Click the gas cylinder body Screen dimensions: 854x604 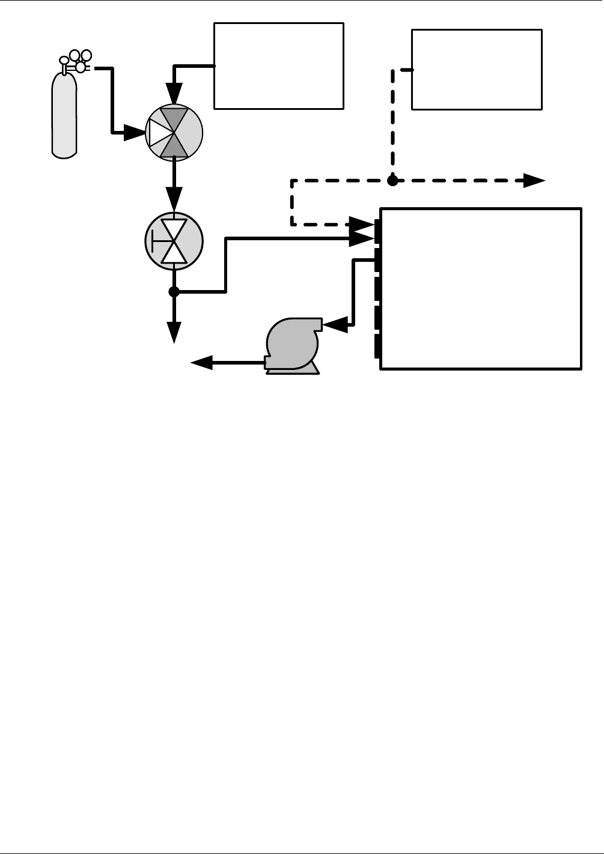(x=64, y=117)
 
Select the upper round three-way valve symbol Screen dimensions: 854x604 (x=174, y=133)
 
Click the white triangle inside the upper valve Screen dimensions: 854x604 (x=158, y=133)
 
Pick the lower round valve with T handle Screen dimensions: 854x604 (x=174, y=241)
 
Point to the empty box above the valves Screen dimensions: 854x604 (x=279, y=66)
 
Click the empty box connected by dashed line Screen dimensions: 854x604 (x=477, y=70)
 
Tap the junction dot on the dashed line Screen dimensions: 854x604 (x=392, y=180)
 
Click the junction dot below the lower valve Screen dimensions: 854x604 (x=174, y=292)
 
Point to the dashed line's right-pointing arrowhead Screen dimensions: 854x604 (x=534, y=180)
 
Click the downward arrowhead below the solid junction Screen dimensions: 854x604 (x=174, y=332)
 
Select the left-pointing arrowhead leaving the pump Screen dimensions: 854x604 (x=202, y=362)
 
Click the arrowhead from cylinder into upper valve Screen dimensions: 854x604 (x=135, y=133)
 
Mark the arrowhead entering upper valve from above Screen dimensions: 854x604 (x=174, y=94)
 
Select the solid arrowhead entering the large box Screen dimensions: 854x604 (x=362, y=238)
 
